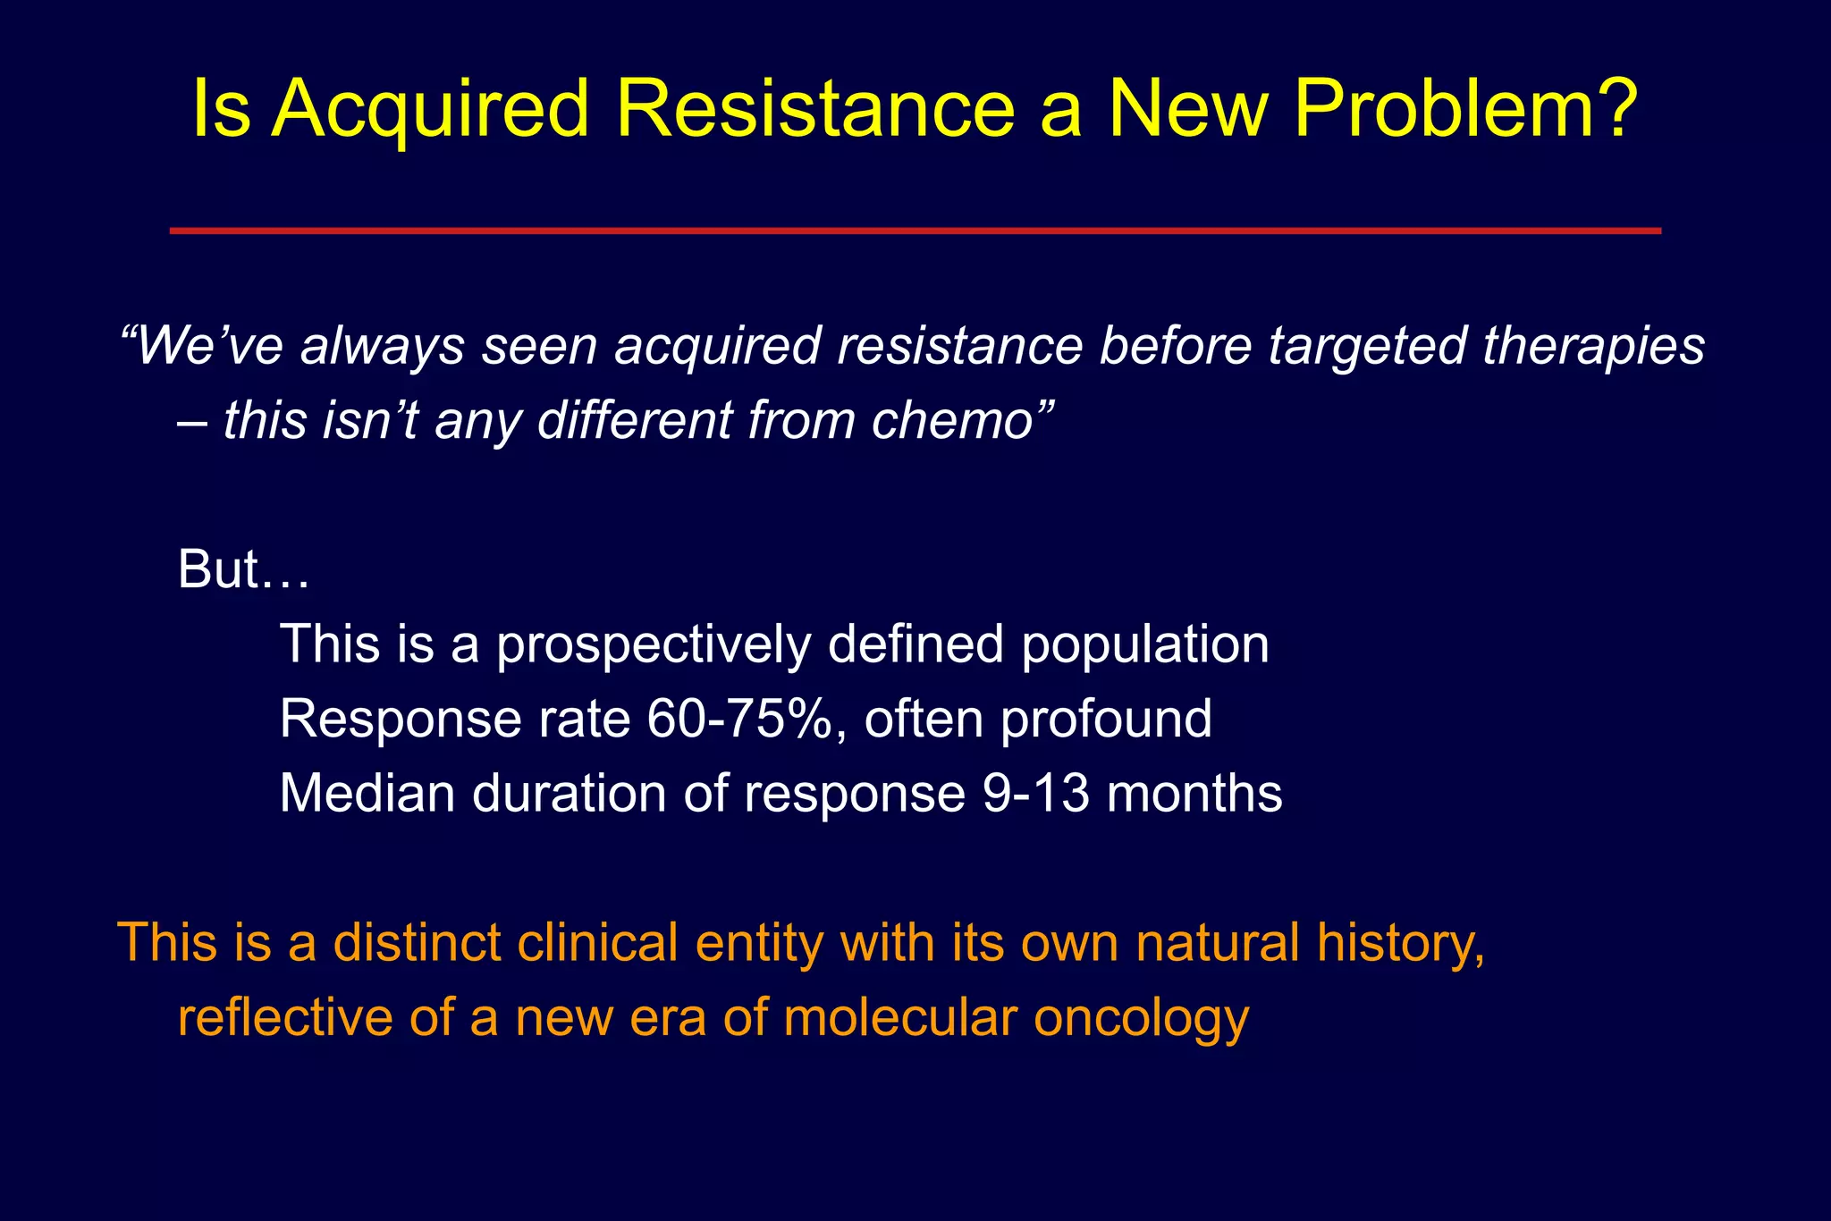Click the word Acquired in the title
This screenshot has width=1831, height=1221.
[x=430, y=109]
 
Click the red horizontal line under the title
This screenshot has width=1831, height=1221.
[x=915, y=231]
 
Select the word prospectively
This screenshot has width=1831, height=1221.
[x=653, y=645]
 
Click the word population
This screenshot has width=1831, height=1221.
[x=1144, y=645]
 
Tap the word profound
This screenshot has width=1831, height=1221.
[x=1105, y=719]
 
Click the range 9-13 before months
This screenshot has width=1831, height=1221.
[x=1035, y=793]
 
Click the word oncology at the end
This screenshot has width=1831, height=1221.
[x=1141, y=1019]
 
